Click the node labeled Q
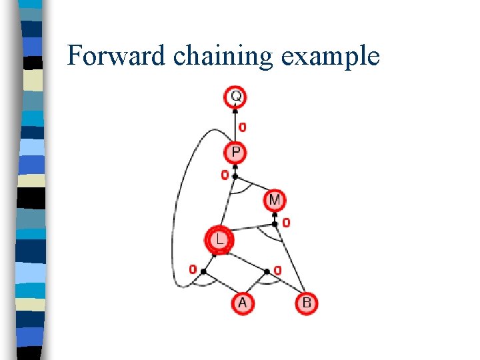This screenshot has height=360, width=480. (235, 97)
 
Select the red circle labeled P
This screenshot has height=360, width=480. (235, 153)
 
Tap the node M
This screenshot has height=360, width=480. (275, 199)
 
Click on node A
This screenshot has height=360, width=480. (242, 303)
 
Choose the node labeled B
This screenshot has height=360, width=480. (306, 303)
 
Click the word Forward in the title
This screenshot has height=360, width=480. (117, 56)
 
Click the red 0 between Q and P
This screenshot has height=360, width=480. (242, 127)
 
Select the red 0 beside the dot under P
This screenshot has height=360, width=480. (225, 175)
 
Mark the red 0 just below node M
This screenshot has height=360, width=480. (286, 223)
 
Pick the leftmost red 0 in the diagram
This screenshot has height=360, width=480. (192, 270)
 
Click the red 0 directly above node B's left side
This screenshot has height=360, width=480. (278, 270)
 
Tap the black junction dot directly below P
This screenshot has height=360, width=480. (235, 176)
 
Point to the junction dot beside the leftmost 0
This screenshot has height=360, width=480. (203, 271)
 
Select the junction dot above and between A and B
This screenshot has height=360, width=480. (267, 271)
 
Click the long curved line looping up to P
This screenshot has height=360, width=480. (175, 220)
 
